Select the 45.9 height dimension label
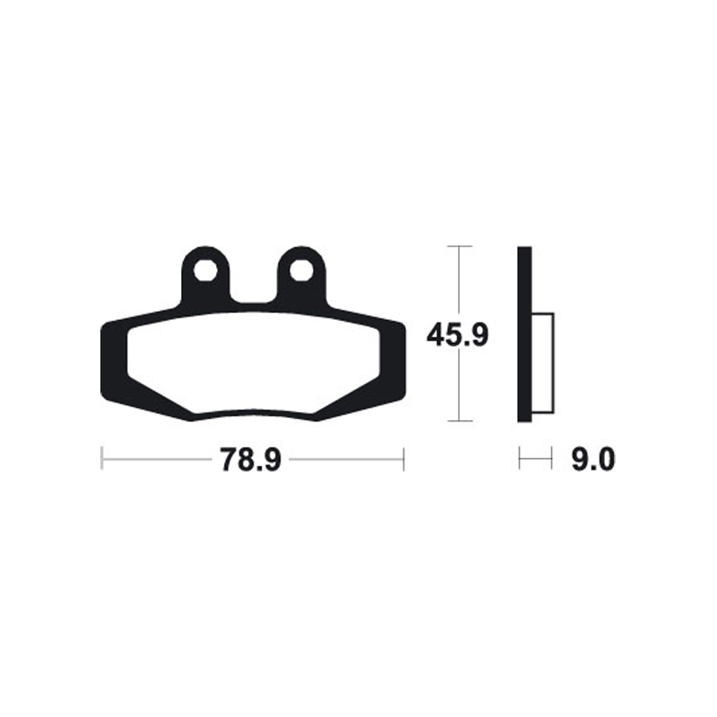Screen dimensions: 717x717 pos(457,336)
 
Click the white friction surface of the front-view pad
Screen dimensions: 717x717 pos(255,363)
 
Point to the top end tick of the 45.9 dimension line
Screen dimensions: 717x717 pos(459,246)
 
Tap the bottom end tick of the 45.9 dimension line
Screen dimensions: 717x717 pos(459,420)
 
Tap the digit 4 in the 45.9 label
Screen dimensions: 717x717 pos(436,336)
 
